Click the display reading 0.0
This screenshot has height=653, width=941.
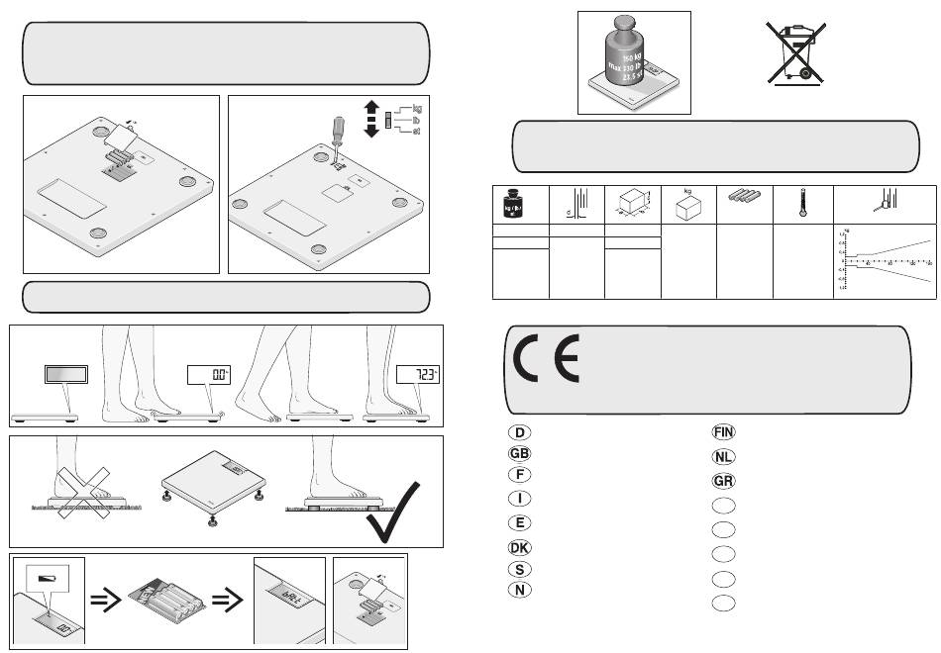(x=210, y=375)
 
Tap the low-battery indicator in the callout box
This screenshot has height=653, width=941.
(x=48, y=577)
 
